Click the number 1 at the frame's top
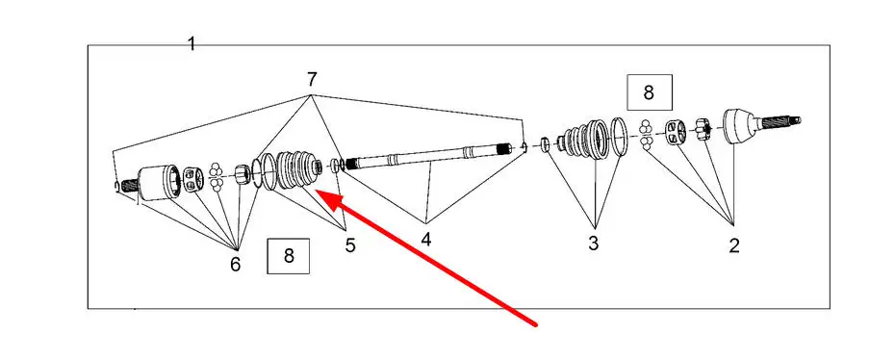click(192, 44)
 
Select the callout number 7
click(312, 79)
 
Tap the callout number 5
click(350, 245)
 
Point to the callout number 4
click(425, 240)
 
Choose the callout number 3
click(594, 244)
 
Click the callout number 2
click(734, 245)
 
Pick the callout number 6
click(235, 264)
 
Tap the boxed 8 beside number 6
click(289, 256)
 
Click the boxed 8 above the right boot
click(649, 91)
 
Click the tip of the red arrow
click(316, 193)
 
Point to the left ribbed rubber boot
click(295, 169)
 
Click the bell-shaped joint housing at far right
click(741, 125)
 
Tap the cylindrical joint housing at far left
click(159, 183)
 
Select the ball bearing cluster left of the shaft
click(216, 177)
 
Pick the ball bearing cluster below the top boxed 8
click(646, 135)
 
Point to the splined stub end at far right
click(780, 121)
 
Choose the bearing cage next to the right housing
click(676, 133)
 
